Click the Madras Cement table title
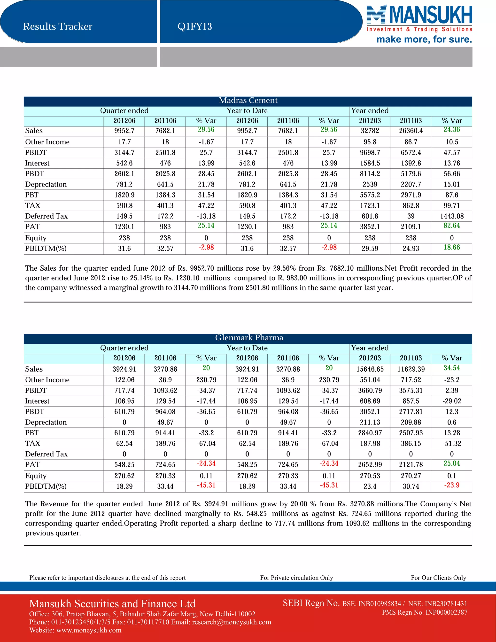pyautogui.click(x=248, y=101)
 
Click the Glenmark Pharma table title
pyautogui.click(x=249, y=338)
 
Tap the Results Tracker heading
pyautogui.click(x=58, y=26)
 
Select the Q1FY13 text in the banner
pyautogui.click(x=194, y=26)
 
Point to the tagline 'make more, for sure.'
pyautogui.click(x=424, y=39)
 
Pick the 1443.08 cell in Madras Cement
pyautogui.click(x=452, y=216)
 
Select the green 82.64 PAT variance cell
pyautogui.click(x=452, y=226)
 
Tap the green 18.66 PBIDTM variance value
pyautogui.click(x=452, y=248)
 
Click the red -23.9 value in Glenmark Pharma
pyautogui.click(x=452, y=485)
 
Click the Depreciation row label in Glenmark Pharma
pyautogui.click(x=46, y=423)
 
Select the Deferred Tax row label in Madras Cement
pyautogui.click(x=46, y=216)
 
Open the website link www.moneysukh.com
pyautogui.click(x=89, y=630)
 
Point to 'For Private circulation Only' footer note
pyautogui.click(x=296, y=578)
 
